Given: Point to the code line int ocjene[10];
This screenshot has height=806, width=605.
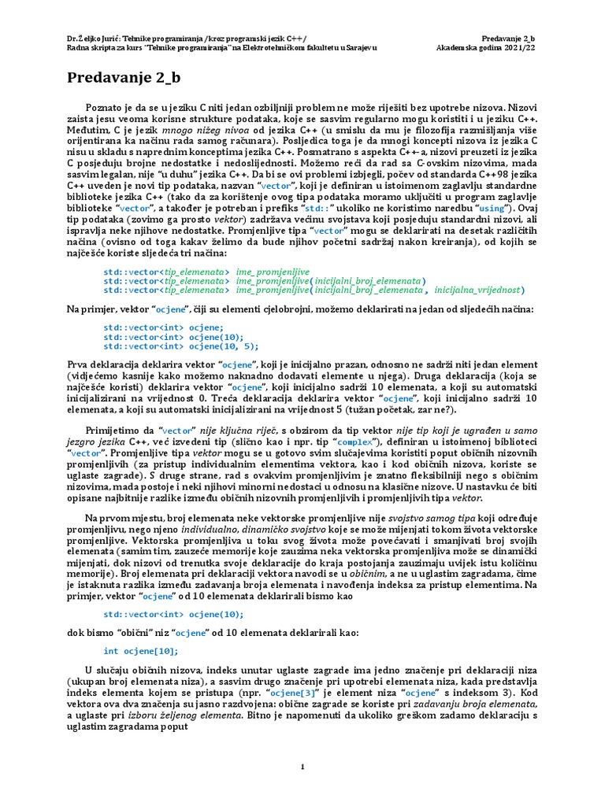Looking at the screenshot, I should pos(141,651).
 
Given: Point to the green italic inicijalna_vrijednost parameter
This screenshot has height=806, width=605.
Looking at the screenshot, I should pos(481,290).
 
